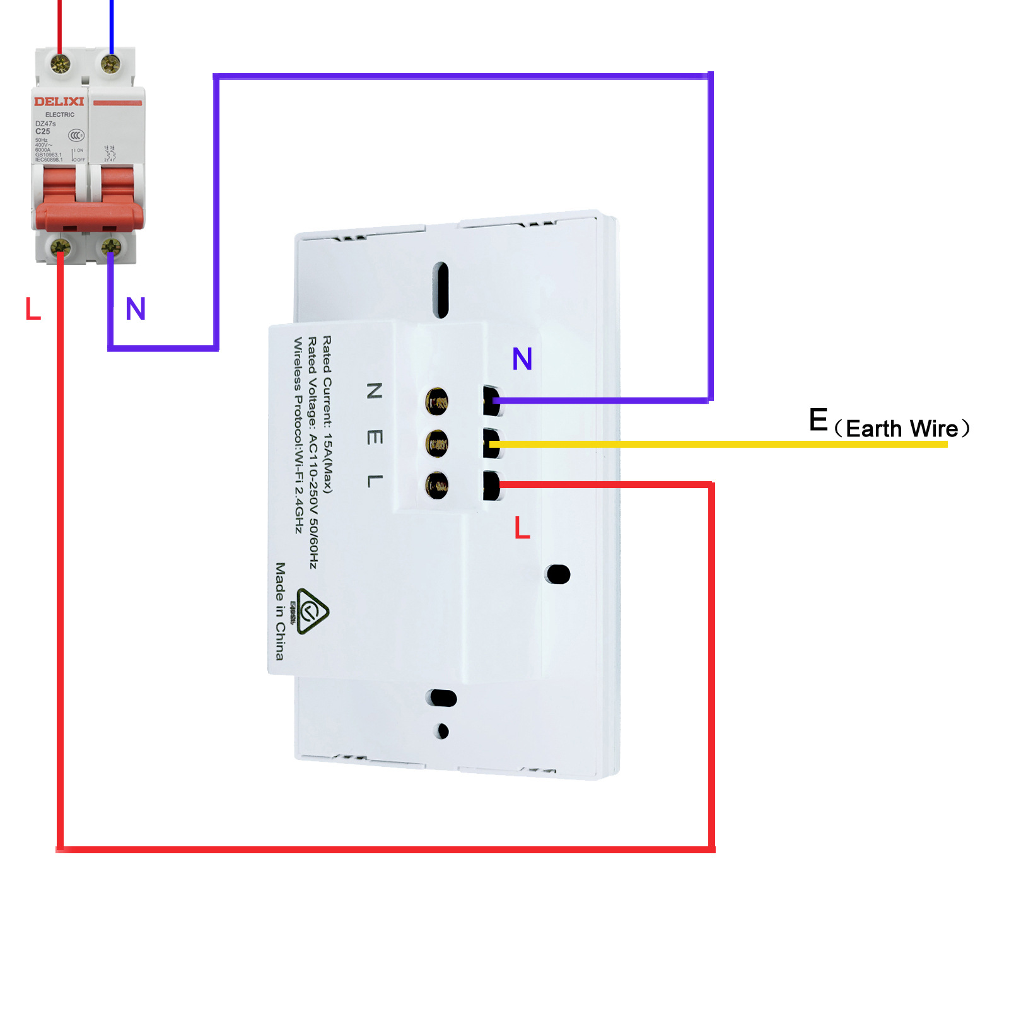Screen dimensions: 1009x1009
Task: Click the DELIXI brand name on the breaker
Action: [59, 102]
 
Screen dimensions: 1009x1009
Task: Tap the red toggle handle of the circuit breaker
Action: [89, 214]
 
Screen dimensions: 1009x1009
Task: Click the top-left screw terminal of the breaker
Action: [61, 64]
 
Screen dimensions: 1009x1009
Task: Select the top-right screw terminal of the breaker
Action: [110, 64]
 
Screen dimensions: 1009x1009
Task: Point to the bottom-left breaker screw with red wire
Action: [61, 247]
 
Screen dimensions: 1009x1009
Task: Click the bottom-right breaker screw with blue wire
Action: [111, 247]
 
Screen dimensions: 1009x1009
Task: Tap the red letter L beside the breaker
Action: [33, 309]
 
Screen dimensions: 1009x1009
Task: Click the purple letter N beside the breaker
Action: [136, 309]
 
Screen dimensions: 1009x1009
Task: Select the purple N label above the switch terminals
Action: [522, 359]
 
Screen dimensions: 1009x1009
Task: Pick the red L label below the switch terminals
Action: [522, 527]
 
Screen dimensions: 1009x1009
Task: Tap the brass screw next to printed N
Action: [436, 401]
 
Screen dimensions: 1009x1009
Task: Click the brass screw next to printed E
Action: [436, 443]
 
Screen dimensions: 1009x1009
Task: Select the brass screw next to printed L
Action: [436, 486]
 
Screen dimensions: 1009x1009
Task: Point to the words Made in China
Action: [279, 610]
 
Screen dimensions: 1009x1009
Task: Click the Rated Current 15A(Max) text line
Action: [327, 414]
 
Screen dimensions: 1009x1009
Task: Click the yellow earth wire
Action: [719, 445]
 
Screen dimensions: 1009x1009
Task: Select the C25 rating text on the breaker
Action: [42, 131]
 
